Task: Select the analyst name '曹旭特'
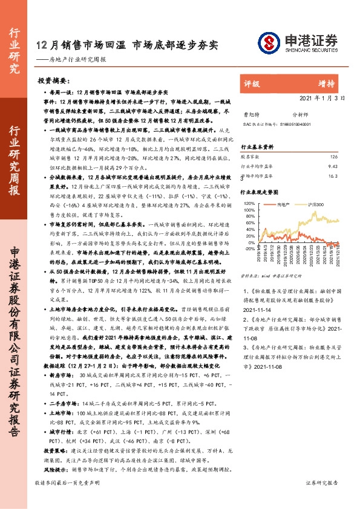[x=249, y=114]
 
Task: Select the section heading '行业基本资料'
[x=258, y=147]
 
